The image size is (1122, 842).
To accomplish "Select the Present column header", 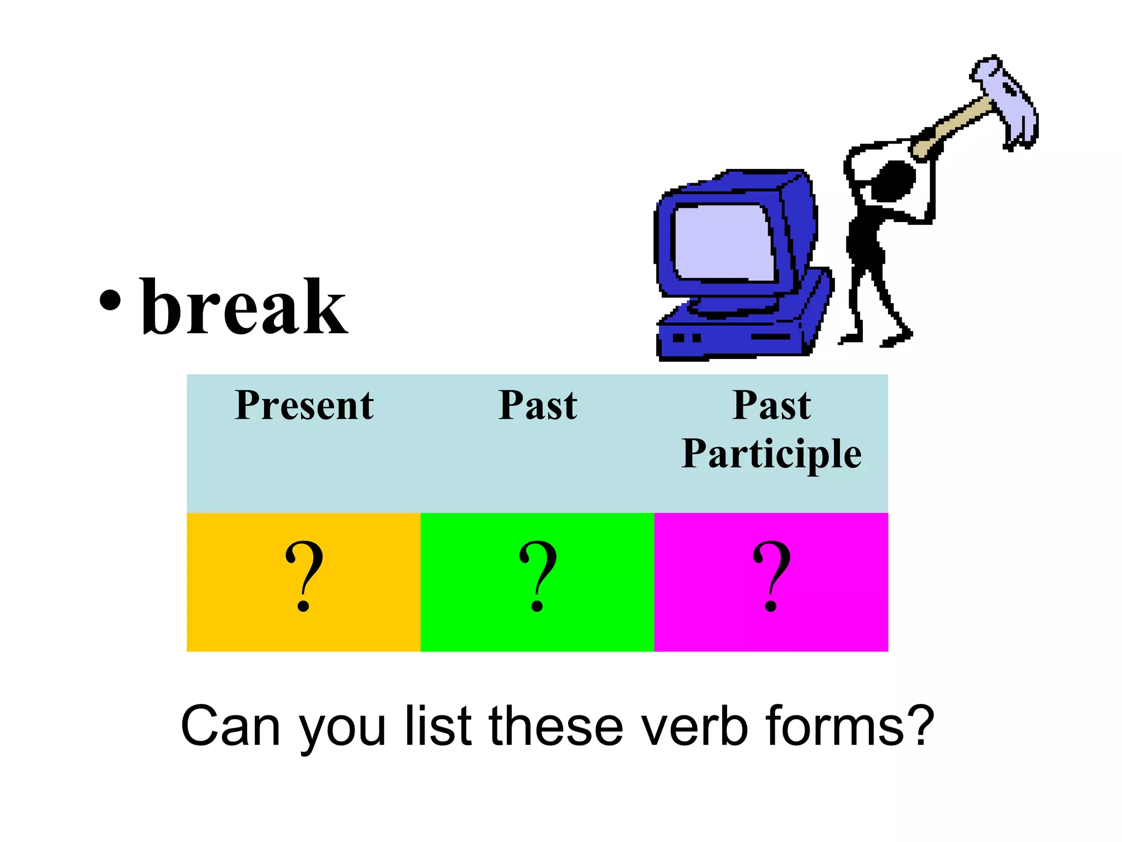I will [x=304, y=406].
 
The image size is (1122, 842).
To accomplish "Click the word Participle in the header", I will [x=771, y=454].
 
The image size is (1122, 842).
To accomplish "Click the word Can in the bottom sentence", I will [x=231, y=726].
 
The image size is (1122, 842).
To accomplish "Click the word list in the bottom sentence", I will [x=438, y=726].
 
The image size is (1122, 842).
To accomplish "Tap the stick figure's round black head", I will [x=893, y=181].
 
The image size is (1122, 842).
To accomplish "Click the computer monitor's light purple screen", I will [x=723, y=241].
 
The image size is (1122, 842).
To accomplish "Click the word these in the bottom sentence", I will [x=556, y=726].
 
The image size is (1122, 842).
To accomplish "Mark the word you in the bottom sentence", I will [x=342, y=729].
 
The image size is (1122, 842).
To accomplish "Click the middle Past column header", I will [x=537, y=406].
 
